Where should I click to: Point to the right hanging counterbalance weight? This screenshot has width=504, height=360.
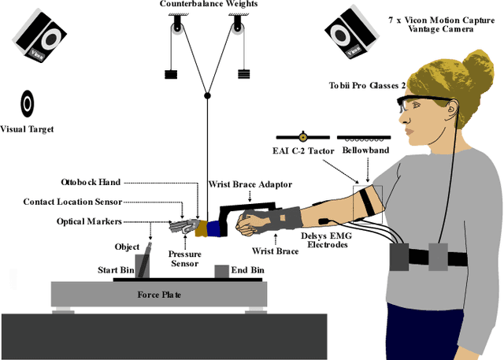coord(243,75)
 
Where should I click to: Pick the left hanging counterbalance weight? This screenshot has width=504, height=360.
coord(172,75)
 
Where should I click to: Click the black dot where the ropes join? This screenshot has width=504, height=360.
coord(208,96)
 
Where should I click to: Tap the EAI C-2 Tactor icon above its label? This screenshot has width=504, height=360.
coord(303,136)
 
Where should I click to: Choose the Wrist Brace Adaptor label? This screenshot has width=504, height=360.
coord(250,184)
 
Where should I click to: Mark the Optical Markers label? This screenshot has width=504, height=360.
coord(91,221)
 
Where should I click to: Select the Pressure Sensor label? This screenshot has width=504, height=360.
coord(184,259)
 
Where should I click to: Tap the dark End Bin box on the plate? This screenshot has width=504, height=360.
coord(220,271)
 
